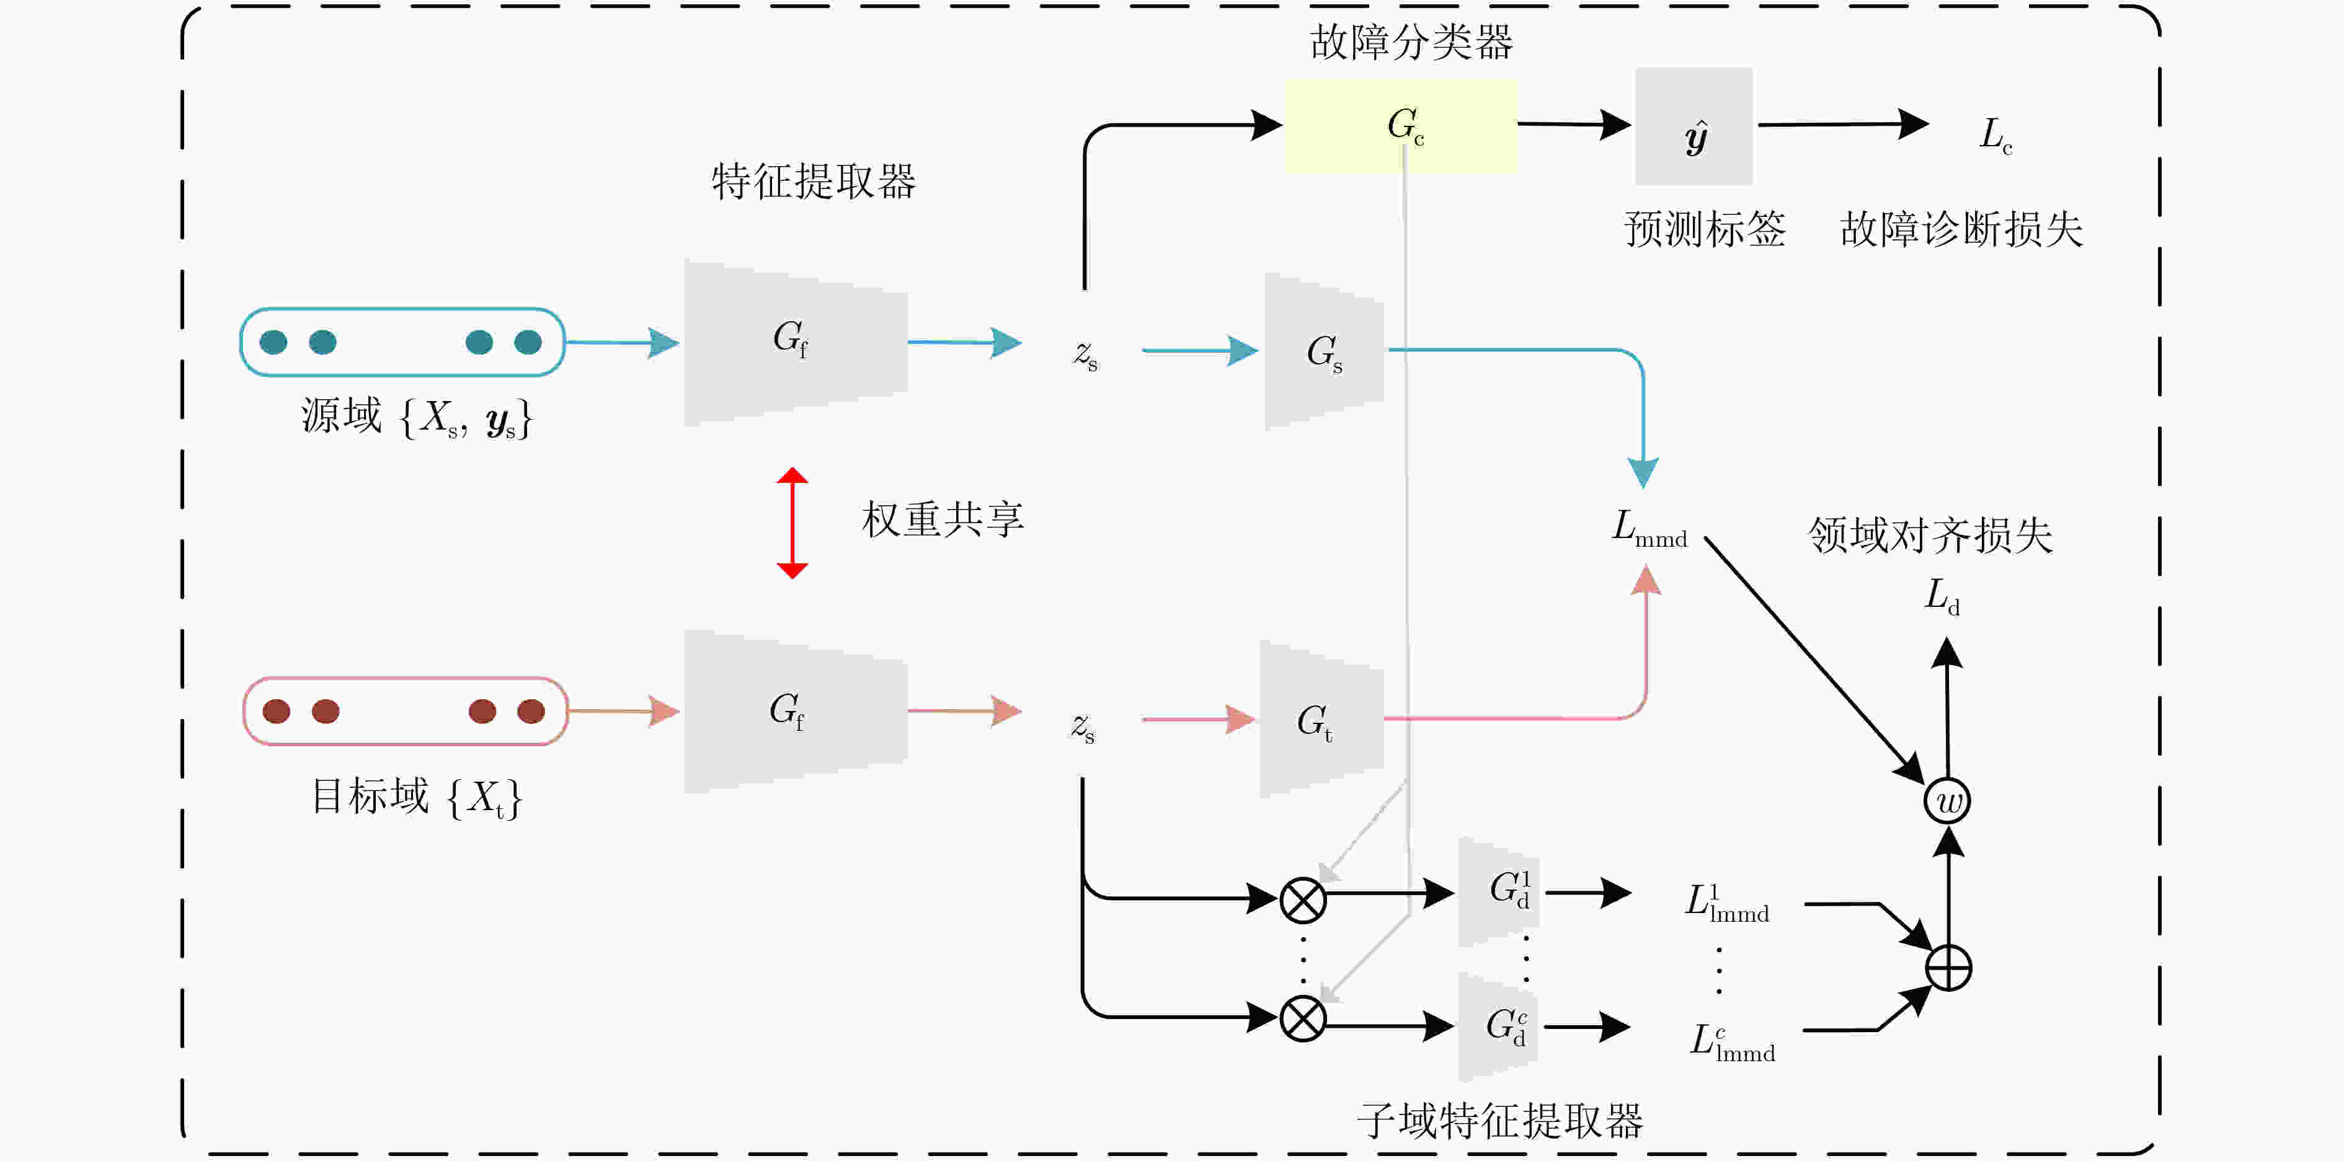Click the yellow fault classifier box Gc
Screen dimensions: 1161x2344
1400,126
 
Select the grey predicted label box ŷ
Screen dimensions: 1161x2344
1694,126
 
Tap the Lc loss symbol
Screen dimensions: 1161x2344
1996,135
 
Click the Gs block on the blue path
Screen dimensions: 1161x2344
1324,351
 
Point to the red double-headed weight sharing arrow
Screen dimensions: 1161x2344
792,523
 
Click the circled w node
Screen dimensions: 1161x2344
1947,801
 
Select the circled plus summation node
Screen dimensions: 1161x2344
1948,967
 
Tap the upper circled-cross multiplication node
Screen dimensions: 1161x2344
1303,901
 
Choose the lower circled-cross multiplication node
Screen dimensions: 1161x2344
1303,1019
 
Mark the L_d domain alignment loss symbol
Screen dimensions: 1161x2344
1942,597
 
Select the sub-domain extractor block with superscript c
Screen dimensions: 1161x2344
1499,1026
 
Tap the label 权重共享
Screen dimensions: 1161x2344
943,519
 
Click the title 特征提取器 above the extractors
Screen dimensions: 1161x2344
814,181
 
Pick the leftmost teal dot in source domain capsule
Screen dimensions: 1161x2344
273,342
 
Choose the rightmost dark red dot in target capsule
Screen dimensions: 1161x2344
530,712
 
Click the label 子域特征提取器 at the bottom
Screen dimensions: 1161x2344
1499,1121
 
